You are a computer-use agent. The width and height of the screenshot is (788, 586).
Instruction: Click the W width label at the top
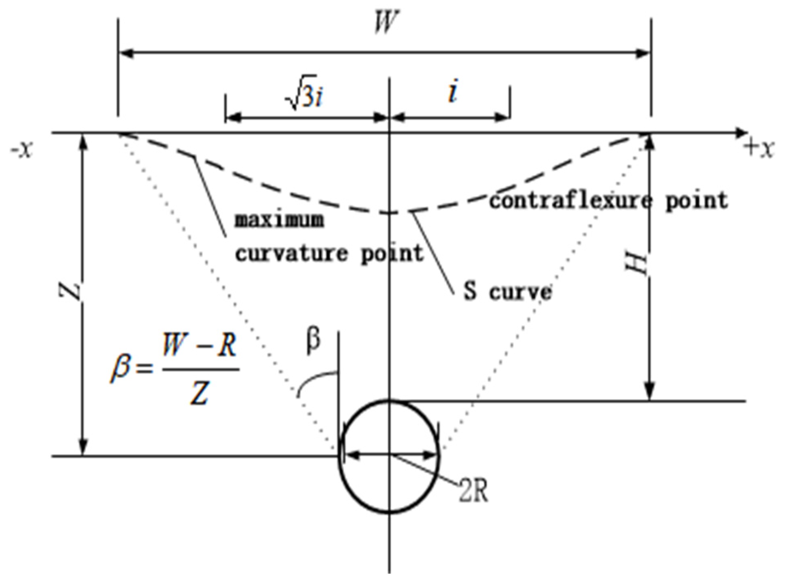pyautogui.click(x=384, y=22)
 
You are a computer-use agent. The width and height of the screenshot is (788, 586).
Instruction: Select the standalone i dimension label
pyautogui.click(x=453, y=93)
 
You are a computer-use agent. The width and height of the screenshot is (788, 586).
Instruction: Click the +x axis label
pyautogui.click(x=759, y=149)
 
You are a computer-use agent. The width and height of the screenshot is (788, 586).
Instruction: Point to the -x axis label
pyautogui.click(x=21, y=150)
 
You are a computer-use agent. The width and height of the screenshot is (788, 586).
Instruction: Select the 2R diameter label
pyautogui.click(x=473, y=491)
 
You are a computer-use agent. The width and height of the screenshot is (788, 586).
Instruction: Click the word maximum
pyautogui.click(x=280, y=221)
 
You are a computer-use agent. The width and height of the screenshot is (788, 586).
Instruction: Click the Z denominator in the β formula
pyautogui.click(x=199, y=393)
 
